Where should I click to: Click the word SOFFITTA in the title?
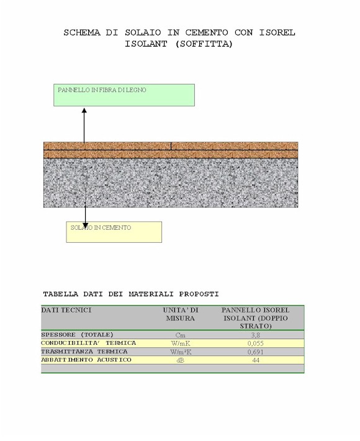[204, 44]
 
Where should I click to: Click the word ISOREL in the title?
[277, 32]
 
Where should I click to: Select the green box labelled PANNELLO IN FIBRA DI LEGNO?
[124, 95]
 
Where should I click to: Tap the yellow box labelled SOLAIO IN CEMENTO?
[114, 232]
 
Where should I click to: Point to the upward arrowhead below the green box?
[84, 111]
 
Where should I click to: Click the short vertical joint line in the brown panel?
[171, 146]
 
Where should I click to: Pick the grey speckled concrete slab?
[171, 183]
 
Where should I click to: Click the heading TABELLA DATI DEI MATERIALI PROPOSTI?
[131, 294]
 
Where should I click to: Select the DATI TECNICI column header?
[66, 310]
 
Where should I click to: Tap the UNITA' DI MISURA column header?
[181, 314]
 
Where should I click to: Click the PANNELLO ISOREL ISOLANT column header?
[256, 318]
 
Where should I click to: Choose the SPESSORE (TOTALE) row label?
[78, 335]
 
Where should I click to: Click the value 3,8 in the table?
[256, 335]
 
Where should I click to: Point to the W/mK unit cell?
[181, 343]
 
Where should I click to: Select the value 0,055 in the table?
[256, 343]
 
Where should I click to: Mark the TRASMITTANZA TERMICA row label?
[84, 352]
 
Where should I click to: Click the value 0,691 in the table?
[256, 352]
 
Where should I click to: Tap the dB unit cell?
[181, 360]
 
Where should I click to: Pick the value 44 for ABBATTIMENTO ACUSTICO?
[256, 360]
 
